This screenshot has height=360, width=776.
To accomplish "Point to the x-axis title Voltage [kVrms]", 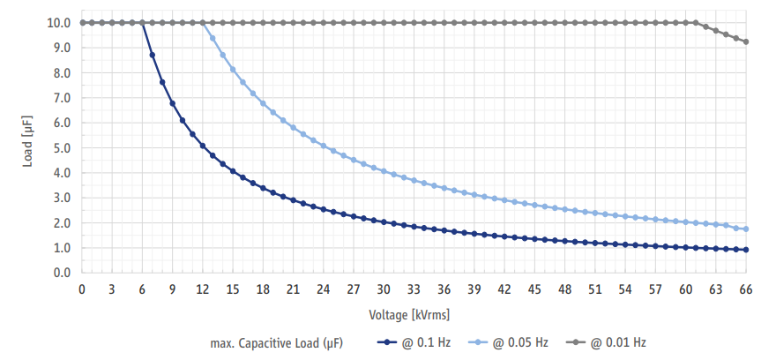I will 414,313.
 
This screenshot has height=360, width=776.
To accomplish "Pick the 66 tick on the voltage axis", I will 746,289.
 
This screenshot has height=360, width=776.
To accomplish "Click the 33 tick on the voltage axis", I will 414,289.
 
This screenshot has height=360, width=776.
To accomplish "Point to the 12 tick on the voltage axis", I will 203,289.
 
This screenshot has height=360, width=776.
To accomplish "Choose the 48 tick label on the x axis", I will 565,289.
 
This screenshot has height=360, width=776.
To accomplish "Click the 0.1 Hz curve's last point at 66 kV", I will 746,250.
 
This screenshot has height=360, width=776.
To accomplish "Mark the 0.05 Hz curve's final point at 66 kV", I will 746,229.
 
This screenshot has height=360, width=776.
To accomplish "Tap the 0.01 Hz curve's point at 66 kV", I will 746,41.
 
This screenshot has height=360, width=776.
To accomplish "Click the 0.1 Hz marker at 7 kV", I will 153,55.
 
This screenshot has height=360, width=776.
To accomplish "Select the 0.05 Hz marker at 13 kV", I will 213,38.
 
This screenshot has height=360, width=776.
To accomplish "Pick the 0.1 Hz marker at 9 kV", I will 173,103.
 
